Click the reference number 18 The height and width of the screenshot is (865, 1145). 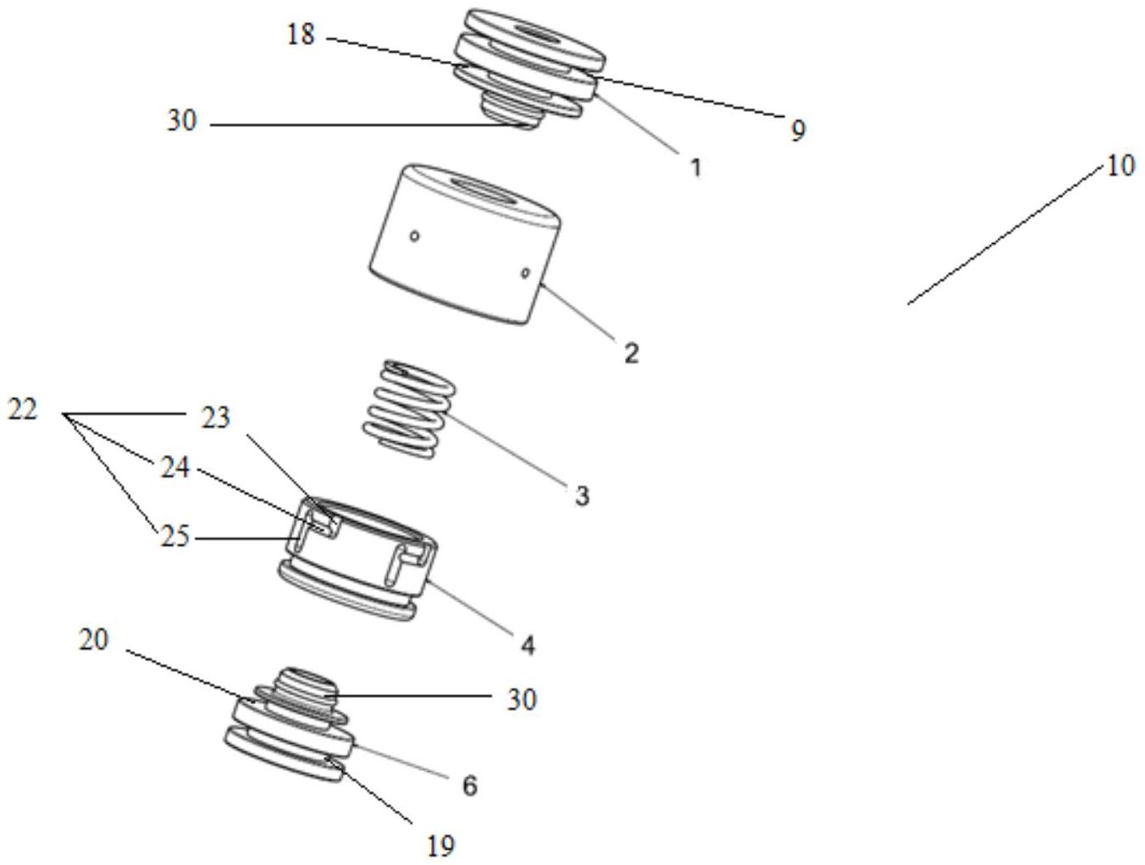tap(301, 36)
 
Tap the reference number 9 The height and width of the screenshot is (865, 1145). tap(798, 130)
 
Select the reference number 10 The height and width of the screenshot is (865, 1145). tap(1120, 166)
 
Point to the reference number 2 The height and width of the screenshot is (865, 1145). tap(632, 352)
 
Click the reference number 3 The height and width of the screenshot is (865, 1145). tap(581, 496)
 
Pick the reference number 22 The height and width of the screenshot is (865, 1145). tap(23, 411)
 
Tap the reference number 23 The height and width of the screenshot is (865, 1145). tap(215, 418)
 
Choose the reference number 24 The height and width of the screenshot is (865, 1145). tap(175, 467)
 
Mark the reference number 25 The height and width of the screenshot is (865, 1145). tap(175, 537)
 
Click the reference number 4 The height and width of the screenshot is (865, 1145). tap(527, 646)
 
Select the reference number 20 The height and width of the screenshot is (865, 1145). tap(94, 640)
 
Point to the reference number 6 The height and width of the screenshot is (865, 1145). tap(469, 785)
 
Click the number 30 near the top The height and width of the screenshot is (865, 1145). tap(181, 122)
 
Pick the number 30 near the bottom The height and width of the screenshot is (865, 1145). tap(522, 700)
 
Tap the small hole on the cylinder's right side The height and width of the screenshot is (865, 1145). tap(525, 273)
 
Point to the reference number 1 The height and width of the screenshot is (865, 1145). tap(695, 168)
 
